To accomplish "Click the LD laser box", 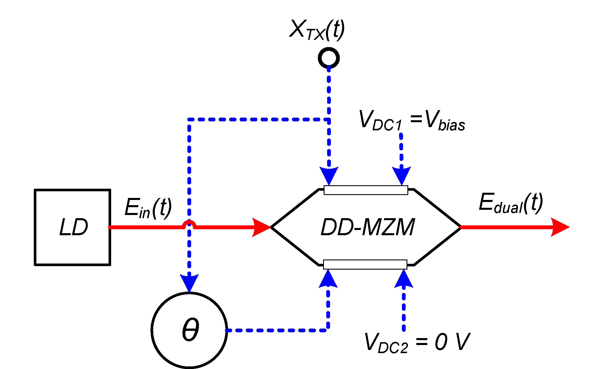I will (72, 227).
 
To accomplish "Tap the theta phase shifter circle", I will (189, 330).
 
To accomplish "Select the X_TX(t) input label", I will (317, 29).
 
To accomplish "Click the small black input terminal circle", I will (329, 58).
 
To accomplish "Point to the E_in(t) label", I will (148, 208).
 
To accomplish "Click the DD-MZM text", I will (368, 227).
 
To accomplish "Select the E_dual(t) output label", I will (510, 203).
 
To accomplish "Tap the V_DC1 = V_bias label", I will (412, 120).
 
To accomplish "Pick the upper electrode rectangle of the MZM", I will (366, 190).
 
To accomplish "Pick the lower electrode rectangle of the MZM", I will (365, 264).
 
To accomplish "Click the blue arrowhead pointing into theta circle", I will (189, 283).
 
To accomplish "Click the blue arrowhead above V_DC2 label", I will (404, 279).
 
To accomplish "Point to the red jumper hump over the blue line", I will (189, 223).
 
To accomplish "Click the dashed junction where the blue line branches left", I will (329, 119).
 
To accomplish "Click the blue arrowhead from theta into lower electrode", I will (328, 279).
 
